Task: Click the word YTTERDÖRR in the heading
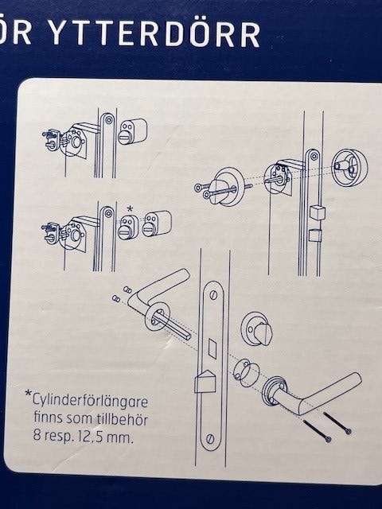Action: coord(155,34)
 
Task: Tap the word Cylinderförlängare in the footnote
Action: coord(90,401)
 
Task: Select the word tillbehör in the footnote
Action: coord(123,419)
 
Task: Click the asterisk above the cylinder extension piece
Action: coord(130,209)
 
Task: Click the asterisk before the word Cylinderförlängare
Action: coord(29,393)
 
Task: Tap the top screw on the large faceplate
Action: coord(213,295)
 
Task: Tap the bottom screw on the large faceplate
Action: coord(211,439)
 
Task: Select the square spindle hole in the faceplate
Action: coord(212,348)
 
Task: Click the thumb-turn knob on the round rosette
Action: coord(263,334)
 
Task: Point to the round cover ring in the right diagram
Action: coord(349,168)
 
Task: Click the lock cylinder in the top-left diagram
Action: coord(132,132)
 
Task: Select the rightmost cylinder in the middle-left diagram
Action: coord(157,223)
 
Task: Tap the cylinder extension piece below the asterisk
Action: coord(128,227)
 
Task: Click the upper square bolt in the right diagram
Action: coord(317,212)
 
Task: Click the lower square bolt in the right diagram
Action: coord(315,235)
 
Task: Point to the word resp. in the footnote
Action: coord(58,437)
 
